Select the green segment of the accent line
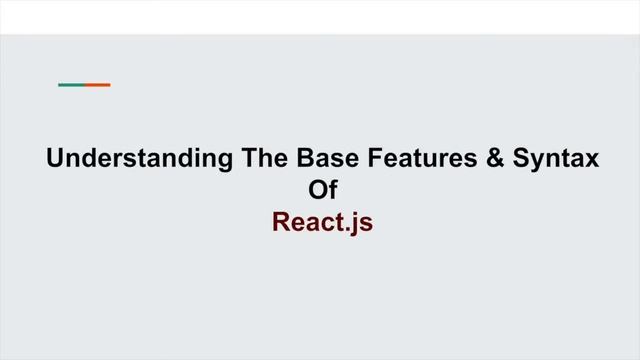(x=71, y=85)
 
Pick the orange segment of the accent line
(x=97, y=85)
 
